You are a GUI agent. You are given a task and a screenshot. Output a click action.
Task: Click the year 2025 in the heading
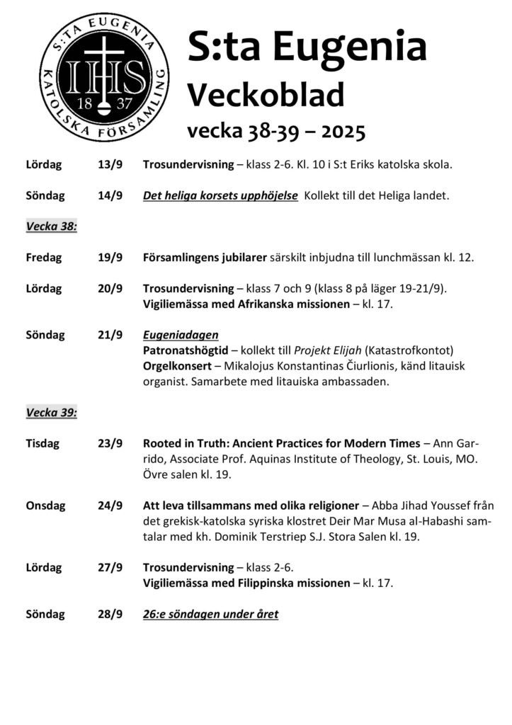343,131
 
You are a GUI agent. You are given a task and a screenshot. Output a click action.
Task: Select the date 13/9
110,165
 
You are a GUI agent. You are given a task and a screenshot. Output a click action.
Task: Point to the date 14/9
110,195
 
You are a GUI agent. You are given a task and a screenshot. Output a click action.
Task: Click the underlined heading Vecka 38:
51,227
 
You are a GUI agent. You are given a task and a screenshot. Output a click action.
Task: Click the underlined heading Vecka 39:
51,413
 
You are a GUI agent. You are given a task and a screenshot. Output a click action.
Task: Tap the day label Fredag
44,258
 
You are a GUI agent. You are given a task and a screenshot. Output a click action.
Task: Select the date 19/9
110,258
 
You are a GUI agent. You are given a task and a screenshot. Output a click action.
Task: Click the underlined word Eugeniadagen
181,335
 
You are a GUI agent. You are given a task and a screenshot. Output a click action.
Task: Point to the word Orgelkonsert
177,366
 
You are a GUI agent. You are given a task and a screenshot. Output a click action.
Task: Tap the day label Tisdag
42,444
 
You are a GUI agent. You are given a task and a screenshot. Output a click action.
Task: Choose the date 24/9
110,506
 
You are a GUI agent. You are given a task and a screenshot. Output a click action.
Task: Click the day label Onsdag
45,506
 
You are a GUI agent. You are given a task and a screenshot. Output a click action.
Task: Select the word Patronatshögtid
186,350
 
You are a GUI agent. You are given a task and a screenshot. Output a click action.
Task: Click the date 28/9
110,614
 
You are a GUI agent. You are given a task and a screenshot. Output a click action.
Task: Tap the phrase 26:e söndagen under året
210,614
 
